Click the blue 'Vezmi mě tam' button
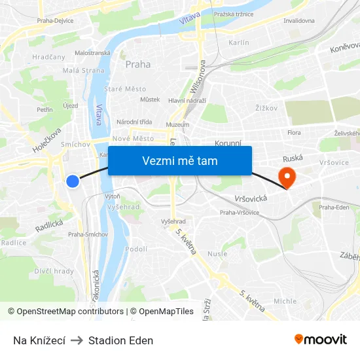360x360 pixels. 180,160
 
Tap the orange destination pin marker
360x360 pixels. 287,176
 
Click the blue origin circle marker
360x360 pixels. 73,181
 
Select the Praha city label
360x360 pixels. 137,64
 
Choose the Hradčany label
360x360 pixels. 49,57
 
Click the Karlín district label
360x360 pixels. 239,43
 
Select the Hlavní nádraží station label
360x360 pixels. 187,100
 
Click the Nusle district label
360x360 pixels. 217,254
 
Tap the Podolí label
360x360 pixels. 136,249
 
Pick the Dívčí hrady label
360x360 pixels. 54,271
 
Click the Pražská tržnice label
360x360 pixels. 232,14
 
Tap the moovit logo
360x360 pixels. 321,340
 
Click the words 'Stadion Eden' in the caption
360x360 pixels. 120,340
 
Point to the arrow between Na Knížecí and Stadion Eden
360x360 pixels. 77,340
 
